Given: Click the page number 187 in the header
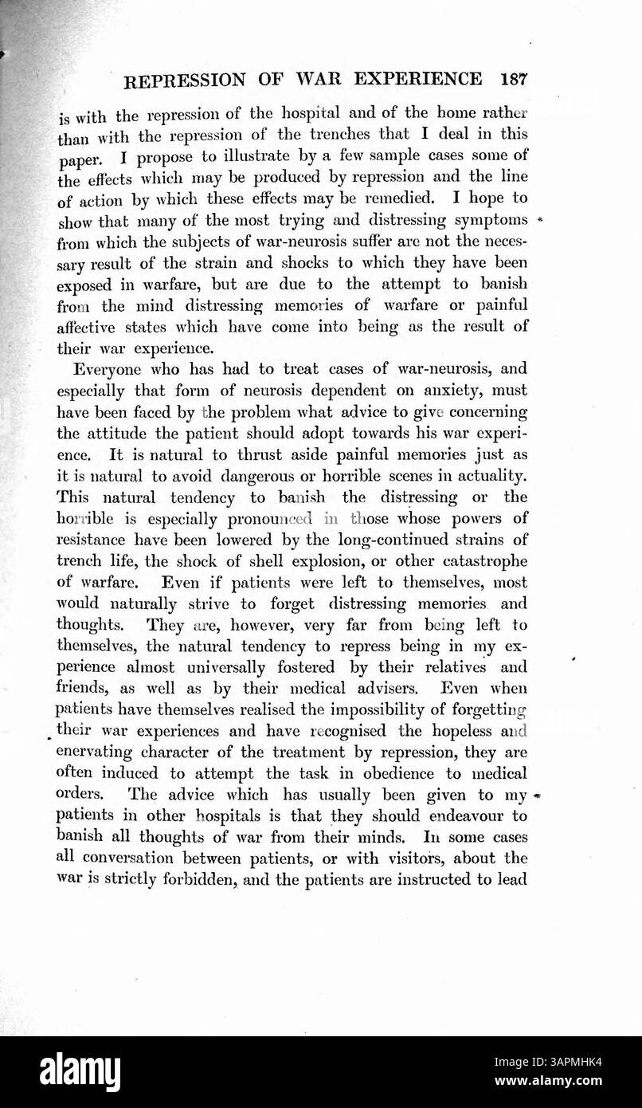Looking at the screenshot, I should coord(511,80).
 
